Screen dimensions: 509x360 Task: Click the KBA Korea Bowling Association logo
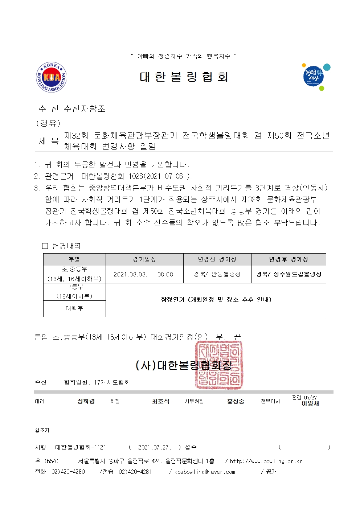click(x=51, y=77)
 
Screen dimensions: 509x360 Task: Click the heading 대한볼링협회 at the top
click(x=184, y=77)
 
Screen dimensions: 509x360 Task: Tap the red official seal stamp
click(x=219, y=365)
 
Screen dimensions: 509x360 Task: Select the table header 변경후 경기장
click(x=289, y=259)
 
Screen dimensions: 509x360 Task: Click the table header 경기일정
click(x=144, y=259)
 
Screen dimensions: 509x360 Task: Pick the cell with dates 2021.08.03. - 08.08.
click(x=144, y=274)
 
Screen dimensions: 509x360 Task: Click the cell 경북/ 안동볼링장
click(x=217, y=274)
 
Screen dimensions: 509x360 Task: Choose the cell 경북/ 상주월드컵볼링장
click(x=289, y=274)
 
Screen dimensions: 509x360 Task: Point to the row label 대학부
click(x=74, y=308)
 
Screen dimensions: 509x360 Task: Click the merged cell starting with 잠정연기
click(x=216, y=300)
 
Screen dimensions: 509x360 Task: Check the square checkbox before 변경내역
click(x=45, y=246)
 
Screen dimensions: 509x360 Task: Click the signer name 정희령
click(x=86, y=401)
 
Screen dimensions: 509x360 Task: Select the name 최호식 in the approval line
click(x=161, y=401)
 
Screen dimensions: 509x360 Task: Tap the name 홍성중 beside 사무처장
click(x=236, y=401)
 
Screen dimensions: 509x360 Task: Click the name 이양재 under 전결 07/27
click(x=310, y=403)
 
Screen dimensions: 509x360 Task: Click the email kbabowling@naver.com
click(x=205, y=472)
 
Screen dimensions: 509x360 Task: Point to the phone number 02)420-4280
click(x=68, y=472)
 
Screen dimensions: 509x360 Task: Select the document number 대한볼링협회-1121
click(x=81, y=447)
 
